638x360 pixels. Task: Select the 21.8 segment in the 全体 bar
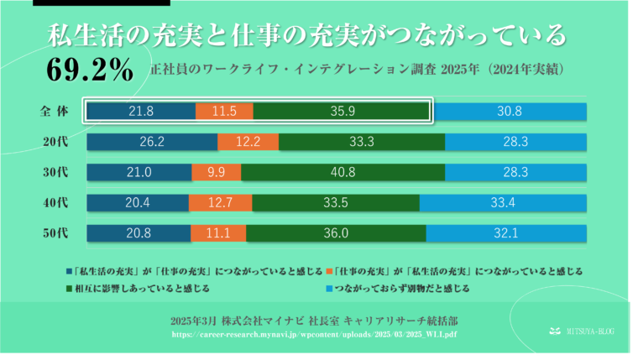pos(140,112)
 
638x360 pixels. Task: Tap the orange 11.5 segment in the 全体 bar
pos(223,112)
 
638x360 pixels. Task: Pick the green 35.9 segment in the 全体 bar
pos(340,112)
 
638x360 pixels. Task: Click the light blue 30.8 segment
pos(510,112)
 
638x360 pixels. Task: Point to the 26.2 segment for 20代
pos(151,142)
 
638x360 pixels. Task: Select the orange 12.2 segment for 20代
pos(248,142)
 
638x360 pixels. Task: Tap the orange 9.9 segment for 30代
pos(215,172)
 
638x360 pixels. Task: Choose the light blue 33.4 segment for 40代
pos(502,202)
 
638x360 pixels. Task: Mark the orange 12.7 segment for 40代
pos(220,202)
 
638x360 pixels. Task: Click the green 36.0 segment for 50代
pos(336,232)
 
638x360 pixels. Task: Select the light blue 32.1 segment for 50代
pos(506,232)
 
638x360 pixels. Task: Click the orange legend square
pos(327,272)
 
